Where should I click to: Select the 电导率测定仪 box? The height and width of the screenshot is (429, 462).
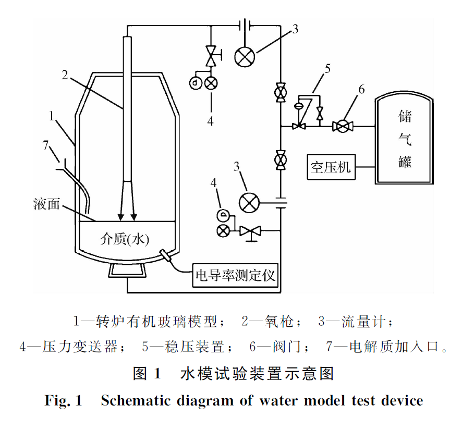235,274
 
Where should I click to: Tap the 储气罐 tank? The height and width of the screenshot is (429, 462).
404,139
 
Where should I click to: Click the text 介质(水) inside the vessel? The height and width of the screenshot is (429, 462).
125,239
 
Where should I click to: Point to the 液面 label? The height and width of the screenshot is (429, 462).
46,204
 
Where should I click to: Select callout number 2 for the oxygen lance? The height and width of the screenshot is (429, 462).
65,75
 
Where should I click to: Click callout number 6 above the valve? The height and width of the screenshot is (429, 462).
361,89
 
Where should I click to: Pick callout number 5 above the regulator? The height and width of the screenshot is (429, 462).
327,68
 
